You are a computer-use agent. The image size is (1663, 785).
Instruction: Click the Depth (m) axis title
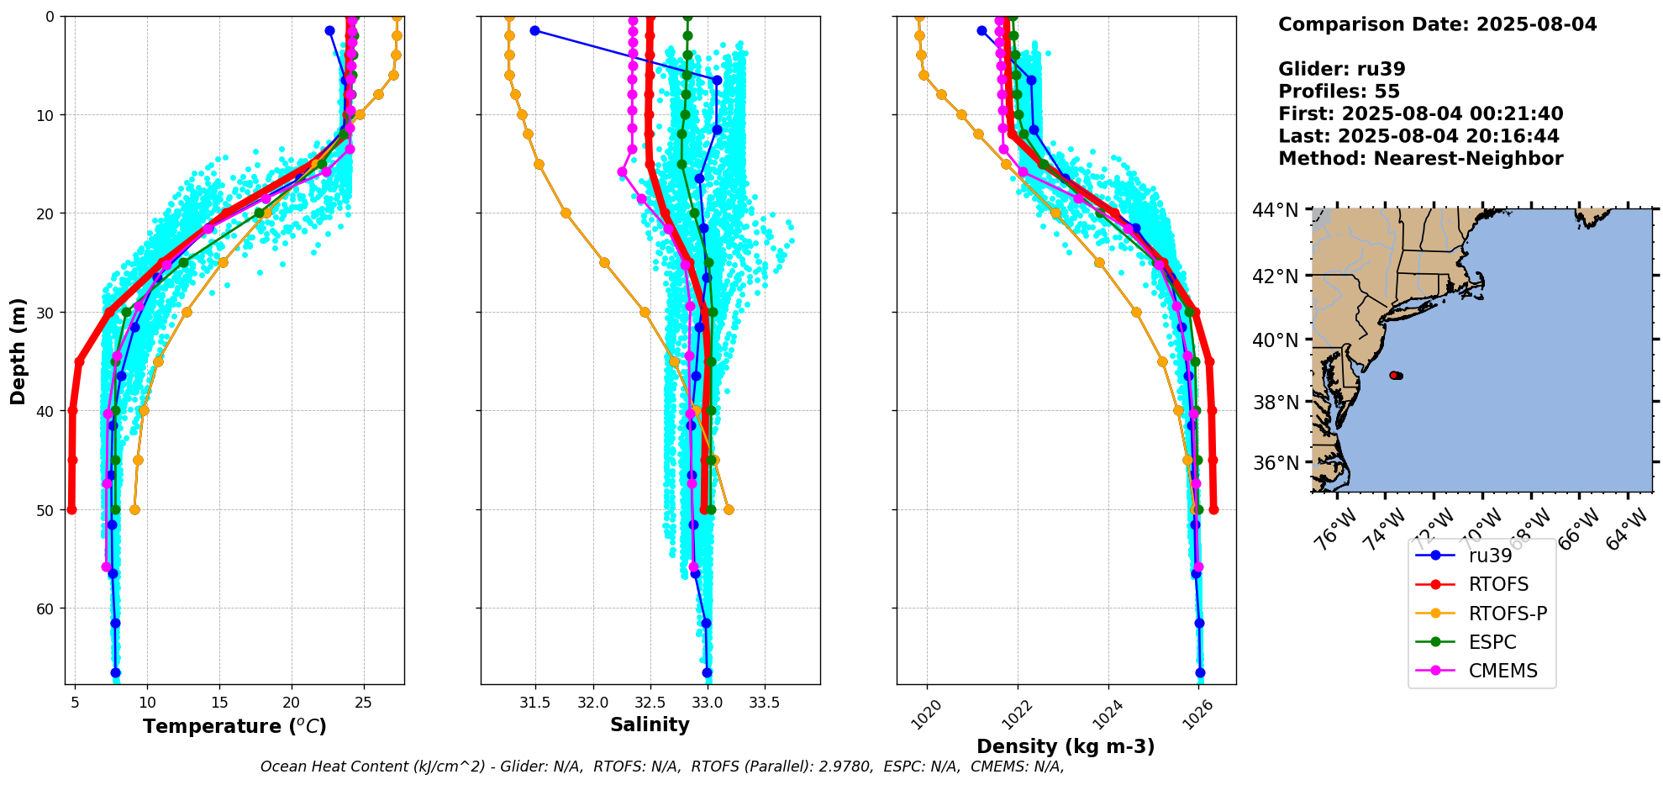18,350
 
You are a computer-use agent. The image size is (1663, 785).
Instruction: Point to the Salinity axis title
650,725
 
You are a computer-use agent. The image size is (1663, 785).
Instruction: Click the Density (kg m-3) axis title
1066,746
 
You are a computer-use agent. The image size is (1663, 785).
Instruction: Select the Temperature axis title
234,726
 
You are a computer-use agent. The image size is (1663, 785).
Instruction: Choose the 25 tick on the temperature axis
363,702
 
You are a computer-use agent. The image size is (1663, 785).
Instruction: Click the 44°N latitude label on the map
1276,209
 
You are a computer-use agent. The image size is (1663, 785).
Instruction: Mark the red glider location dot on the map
1394,375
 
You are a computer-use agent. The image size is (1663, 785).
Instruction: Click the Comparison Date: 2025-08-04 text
1437,24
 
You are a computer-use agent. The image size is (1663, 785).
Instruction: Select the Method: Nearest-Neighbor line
1420,159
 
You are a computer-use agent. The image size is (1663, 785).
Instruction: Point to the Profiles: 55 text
1339,92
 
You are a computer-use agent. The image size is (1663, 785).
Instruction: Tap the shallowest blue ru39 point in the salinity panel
534,30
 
